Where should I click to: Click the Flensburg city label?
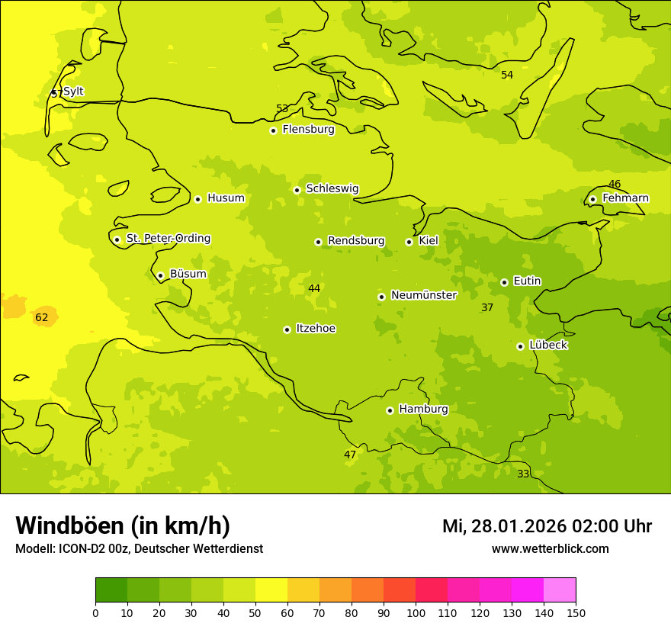coord(308,130)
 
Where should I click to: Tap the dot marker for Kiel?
coord(409,242)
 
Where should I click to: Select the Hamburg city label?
coord(423,410)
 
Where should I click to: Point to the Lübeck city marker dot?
coord(520,346)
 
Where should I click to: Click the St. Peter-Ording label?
coord(168,239)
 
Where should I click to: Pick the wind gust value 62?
coord(42,317)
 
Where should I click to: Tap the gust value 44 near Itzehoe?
coord(314,288)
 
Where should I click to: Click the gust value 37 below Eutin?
coord(487,307)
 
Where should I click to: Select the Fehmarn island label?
coord(625,198)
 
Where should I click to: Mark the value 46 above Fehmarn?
coord(615,184)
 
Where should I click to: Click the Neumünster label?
coord(423,295)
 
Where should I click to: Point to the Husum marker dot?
coord(197,199)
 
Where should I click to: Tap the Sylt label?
coord(73,92)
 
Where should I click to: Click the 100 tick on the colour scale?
coord(416,612)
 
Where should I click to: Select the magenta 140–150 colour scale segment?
coord(560,590)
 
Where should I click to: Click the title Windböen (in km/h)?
coord(123,525)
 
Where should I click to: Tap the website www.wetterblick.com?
coord(550,548)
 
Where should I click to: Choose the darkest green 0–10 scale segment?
coord(111,590)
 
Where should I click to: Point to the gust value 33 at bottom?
coord(523,474)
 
